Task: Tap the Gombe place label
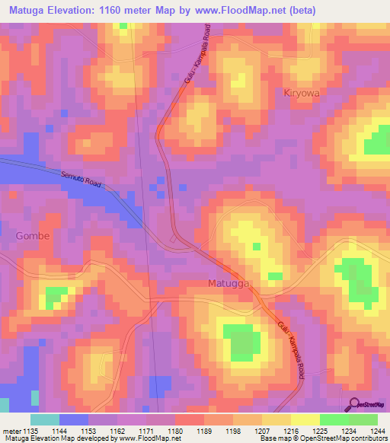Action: click(33, 236)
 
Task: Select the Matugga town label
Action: click(229, 283)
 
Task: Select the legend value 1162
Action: click(117, 431)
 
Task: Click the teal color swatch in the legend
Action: click(45, 419)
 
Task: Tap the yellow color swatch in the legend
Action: click(305, 419)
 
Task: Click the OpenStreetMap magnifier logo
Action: click(354, 406)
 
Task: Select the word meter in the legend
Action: click(11, 431)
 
